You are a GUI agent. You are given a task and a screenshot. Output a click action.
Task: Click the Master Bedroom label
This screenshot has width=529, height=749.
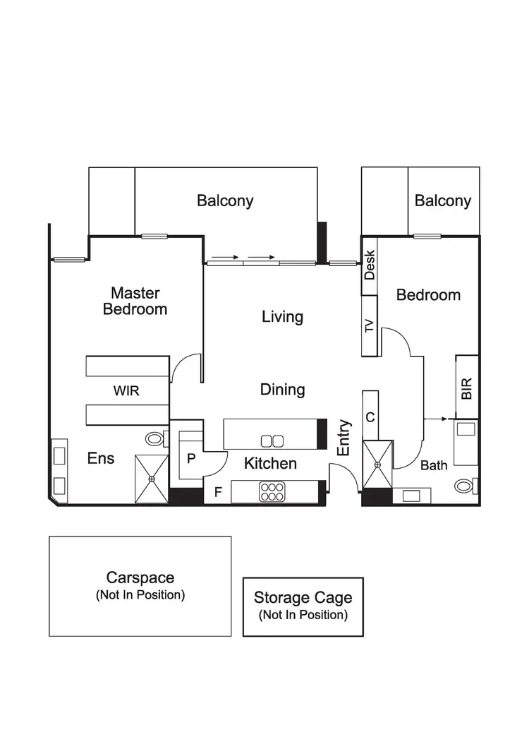click(135, 301)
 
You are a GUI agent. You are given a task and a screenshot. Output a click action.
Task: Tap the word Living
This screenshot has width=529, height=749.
click(282, 316)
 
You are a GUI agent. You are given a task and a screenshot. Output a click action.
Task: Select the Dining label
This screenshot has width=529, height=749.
click(282, 389)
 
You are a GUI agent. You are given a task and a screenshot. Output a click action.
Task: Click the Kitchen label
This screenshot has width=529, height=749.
click(270, 464)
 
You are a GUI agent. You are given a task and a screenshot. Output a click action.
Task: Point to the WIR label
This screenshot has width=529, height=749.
click(126, 390)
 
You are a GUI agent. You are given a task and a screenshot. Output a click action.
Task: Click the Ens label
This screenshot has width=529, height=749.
click(100, 458)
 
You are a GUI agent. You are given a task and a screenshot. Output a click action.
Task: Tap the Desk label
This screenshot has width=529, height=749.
click(370, 265)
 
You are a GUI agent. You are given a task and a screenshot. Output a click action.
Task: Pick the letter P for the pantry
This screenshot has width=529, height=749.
click(190, 458)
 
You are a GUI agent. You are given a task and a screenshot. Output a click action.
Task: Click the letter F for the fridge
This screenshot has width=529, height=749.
click(218, 492)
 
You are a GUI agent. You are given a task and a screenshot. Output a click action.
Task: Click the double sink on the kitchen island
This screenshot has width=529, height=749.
click(272, 441)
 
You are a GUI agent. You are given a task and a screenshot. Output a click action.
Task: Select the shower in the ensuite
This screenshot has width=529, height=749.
click(151, 478)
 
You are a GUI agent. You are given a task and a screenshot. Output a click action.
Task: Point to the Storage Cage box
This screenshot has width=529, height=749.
click(303, 606)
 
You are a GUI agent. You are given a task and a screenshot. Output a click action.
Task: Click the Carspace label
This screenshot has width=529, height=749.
click(140, 577)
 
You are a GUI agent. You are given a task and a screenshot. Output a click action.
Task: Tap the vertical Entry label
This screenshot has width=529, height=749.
click(344, 438)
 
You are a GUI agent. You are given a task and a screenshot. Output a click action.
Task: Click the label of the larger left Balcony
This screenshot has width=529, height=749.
click(225, 200)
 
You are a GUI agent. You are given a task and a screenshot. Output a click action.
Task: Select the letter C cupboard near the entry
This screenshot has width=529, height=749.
click(370, 417)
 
